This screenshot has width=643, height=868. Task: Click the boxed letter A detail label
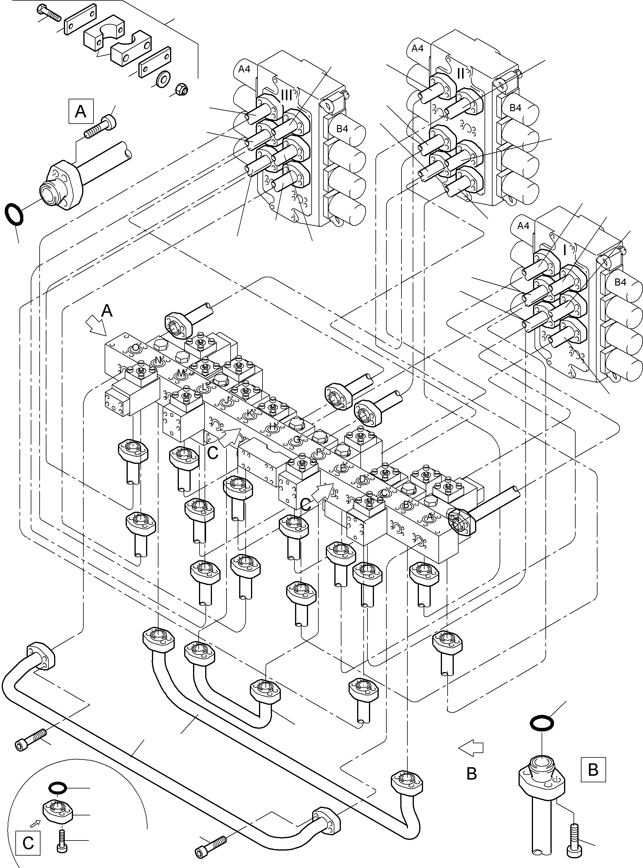[x=81, y=111]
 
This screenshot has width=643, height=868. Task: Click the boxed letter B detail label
[x=593, y=770]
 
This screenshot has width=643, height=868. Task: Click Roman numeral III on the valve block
[x=286, y=95]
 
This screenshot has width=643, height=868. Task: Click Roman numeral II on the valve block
[x=461, y=73]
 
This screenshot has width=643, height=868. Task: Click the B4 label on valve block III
[x=342, y=129]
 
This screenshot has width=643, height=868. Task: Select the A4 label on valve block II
[x=417, y=48]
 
